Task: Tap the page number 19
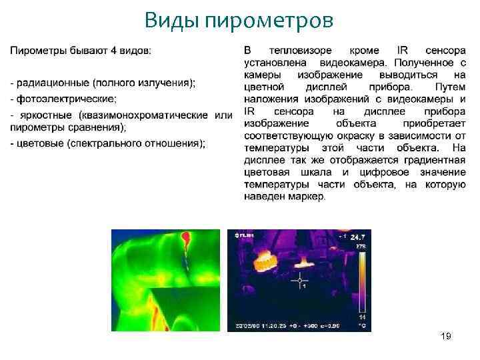446,336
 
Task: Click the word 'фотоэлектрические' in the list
67,99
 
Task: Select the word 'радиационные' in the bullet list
54,83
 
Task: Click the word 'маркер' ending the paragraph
308,196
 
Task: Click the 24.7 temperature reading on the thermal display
358,237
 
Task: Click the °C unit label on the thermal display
361,326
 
